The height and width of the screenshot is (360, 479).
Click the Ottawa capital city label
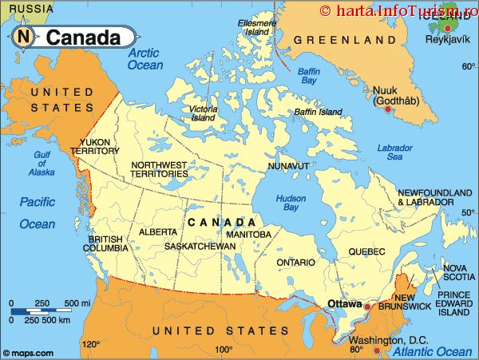[345, 303]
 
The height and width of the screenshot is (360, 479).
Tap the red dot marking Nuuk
[389, 109]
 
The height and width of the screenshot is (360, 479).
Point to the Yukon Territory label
[95, 147]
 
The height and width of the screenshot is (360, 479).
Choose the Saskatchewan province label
[200, 247]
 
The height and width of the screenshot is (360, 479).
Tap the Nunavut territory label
[288, 165]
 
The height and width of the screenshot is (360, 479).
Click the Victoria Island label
[203, 113]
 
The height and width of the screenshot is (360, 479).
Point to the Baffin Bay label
[308, 76]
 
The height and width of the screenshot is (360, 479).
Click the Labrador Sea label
[394, 152]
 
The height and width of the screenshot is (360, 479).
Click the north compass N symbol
[25, 36]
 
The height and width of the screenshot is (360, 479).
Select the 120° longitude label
[90, 345]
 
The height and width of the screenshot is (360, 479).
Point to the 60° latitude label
[468, 66]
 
